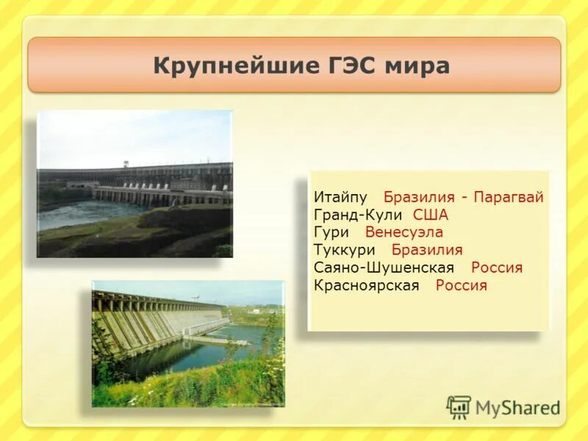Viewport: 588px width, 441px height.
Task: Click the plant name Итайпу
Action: click(340, 198)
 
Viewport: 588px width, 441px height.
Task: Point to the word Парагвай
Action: click(509, 198)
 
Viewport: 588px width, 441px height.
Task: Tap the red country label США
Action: click(431, 215)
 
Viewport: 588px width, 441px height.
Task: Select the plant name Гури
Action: click(331, 232)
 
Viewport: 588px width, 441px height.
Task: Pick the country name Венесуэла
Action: click(404, 232)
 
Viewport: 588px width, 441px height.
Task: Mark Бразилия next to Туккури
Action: click(427, 250)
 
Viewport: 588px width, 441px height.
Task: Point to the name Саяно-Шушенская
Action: click(384, 268)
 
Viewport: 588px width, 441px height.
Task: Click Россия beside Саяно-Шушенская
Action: click(497, 268)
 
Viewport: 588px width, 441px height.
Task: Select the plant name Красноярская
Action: click(366, 285)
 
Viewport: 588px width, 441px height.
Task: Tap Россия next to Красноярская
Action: click(462, 285)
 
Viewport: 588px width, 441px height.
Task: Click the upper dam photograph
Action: click(135, 184)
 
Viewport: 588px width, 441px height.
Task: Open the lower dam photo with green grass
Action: click(188, 343)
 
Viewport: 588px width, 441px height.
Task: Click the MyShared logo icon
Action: click(459, 407)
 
